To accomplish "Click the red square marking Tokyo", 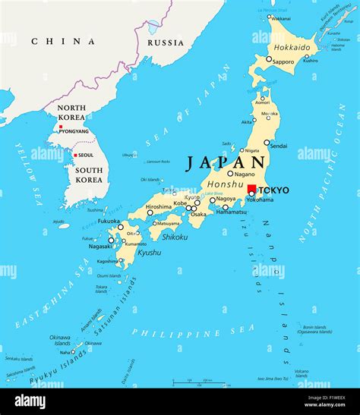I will click(252, 189).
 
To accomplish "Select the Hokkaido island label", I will click(292, 47).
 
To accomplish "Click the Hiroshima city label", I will click(159, 206).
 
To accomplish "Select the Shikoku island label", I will click(174, 236).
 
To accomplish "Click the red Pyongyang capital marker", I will click(60, 126).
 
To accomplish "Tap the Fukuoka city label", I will click(109, 221).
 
